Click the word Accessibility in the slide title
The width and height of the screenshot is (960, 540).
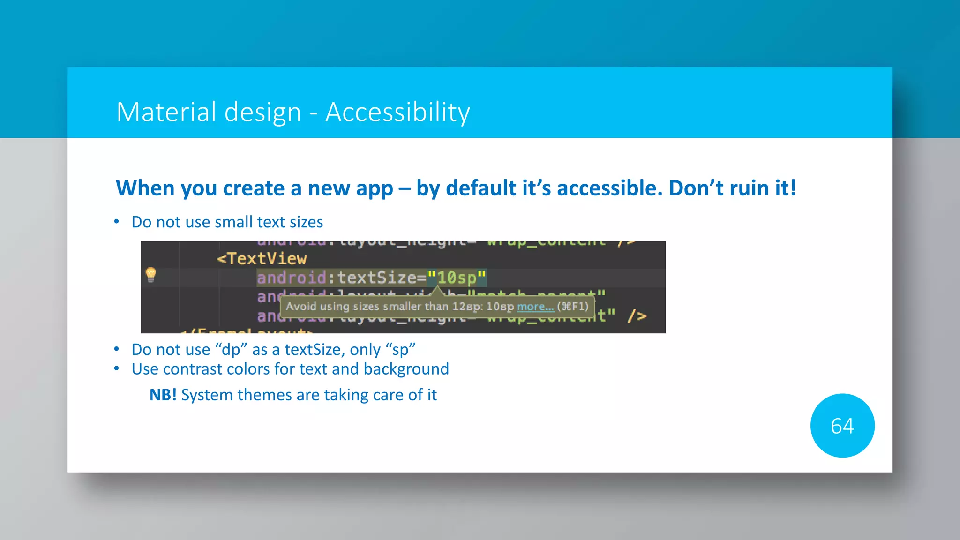(397, 112)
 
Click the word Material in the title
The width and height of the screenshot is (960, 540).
(163, 112)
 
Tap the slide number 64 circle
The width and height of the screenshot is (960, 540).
(842, 426)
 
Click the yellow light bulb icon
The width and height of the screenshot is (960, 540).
(150, 274)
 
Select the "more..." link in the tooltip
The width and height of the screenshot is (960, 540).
(535, 307)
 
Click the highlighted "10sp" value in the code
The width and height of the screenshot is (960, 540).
(457, 277)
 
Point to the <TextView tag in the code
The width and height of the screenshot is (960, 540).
(262, 259)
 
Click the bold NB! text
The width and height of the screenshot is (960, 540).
(163, 395)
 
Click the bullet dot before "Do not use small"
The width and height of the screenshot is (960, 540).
(117, 222)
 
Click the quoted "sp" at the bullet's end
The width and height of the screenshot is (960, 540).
(400, 350)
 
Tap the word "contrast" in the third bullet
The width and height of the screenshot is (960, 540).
(193, 369)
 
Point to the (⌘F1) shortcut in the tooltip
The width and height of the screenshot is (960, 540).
(572, 307)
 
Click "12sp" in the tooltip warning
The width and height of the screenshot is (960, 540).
(465, 307)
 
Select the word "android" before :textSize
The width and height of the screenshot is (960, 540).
(291, 277)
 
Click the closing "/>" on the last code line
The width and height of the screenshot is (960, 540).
(637, 316)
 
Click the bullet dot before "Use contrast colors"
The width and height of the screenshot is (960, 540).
(117, 369)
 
